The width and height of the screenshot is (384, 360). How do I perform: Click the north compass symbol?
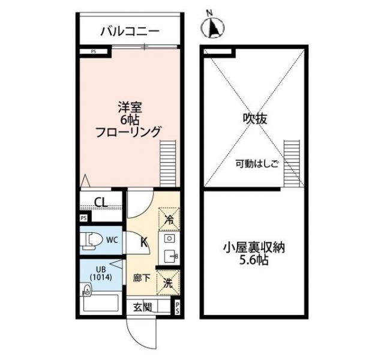(212, 26)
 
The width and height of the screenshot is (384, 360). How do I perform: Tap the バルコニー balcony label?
(130, 31)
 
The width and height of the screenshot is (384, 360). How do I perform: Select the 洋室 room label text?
(130, 108)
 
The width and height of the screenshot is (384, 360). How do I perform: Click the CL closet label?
(101, 203)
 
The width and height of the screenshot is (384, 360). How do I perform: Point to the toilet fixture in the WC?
(91, 241)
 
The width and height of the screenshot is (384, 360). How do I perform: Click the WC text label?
(112, 240)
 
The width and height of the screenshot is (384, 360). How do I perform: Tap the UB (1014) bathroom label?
(101, 273)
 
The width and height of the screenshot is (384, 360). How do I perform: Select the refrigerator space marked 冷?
(169, 220)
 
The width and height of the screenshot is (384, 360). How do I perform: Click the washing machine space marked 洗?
(169, 283)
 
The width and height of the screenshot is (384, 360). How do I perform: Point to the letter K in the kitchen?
(144, 242)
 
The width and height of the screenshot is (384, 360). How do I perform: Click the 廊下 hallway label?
(142, 278)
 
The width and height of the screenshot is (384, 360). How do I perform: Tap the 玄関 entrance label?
(142, 307)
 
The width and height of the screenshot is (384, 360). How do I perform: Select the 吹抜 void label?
(255, 119)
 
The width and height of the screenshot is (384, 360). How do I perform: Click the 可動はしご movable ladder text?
(257, 163)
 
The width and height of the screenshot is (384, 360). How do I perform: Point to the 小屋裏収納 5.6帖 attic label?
(254, 254)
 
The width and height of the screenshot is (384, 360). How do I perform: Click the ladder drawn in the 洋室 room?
(168, 163)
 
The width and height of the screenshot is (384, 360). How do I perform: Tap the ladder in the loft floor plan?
(292, 163)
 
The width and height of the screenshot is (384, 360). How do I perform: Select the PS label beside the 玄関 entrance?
(178, 308)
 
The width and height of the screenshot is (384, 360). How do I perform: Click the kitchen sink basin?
(169, 256)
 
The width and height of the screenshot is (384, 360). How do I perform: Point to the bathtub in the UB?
(101, 303)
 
